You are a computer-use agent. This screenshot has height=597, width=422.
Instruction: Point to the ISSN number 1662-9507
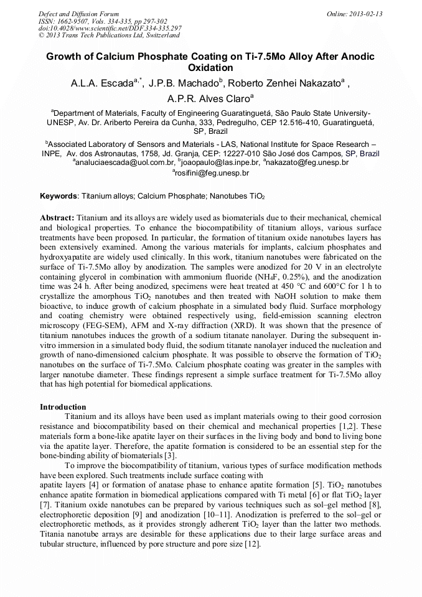pyautogui.click(x=75, y=21)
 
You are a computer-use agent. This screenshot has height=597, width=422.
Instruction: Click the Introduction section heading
pyautogui.click(x=63, y=407)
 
